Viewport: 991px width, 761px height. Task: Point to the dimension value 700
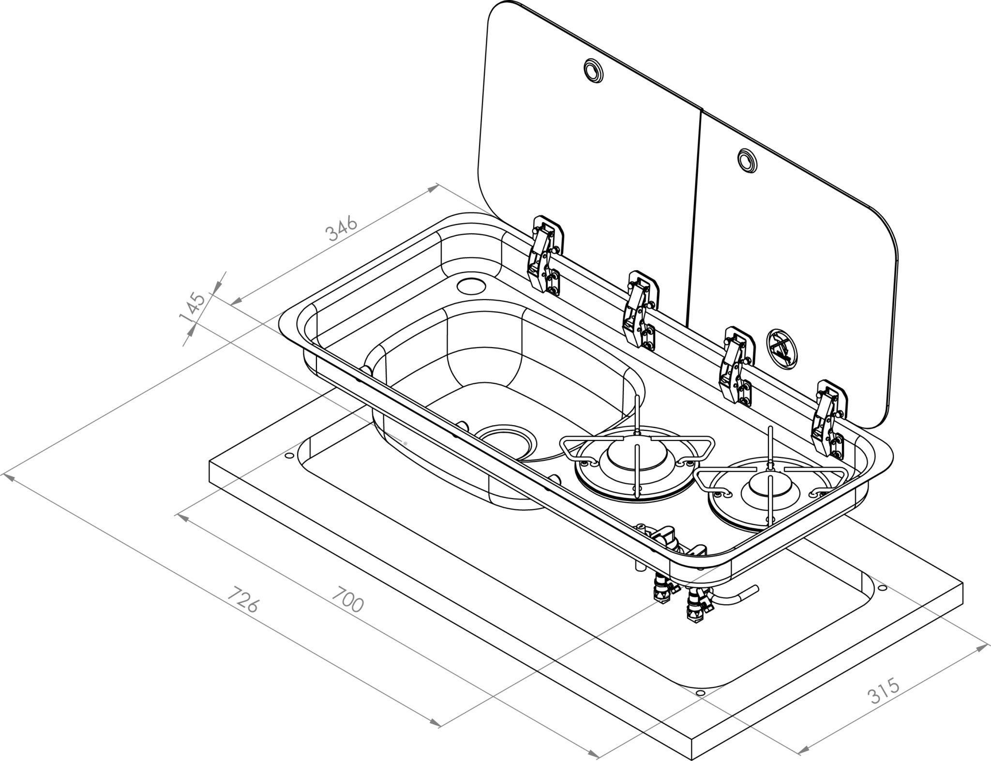347,599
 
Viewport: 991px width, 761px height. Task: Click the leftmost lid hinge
545,255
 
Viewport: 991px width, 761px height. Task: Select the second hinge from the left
640,310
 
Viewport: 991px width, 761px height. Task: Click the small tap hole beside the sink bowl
471,286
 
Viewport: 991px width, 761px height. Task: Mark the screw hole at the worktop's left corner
289,456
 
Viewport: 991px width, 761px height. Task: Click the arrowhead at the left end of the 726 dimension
8,477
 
